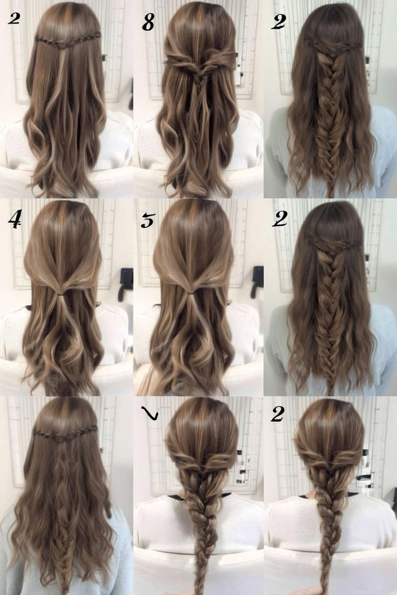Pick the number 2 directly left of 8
14,19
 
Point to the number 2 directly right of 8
279,22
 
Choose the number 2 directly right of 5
279,219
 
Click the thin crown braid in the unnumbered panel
66,434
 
